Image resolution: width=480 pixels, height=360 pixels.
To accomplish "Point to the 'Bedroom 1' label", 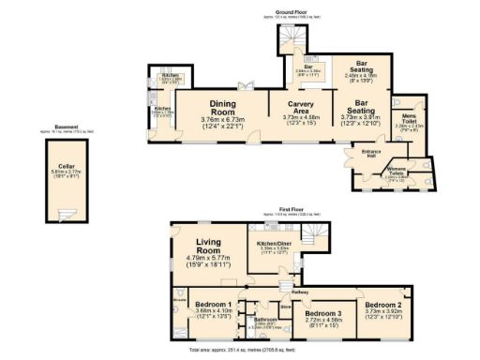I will (214, 305).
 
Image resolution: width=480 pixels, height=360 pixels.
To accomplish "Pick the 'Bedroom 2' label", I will (384, 306).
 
